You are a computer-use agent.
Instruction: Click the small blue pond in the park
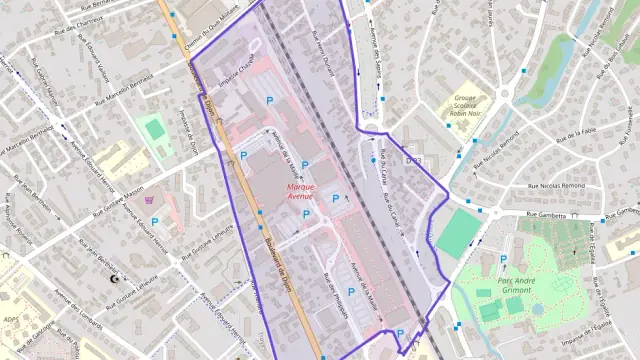pyautogui.click(x=537, y=309)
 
